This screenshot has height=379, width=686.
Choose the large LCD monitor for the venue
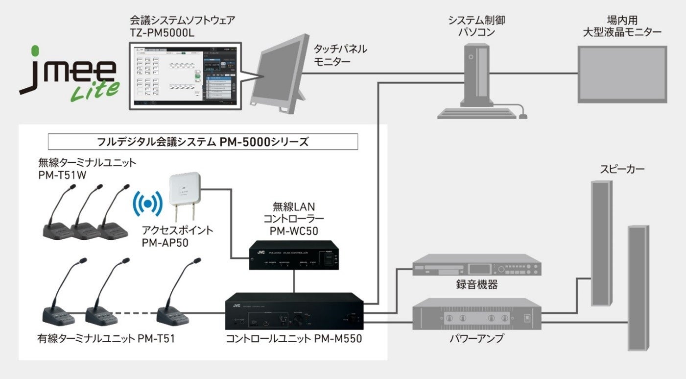pyautogui.click(x=622, y=74)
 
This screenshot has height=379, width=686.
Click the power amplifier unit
pyautogui.click(x=477, y=317)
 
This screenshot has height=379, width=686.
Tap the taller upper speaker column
pyautogui.click(x=602, y=243)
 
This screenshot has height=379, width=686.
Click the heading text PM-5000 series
pyautogui.click(x=203, y=142)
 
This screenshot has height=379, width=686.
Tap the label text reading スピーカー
pyautogui.click(x=622, y=170)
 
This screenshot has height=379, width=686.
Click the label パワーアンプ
pyautogui.click(x=477, y=338)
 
